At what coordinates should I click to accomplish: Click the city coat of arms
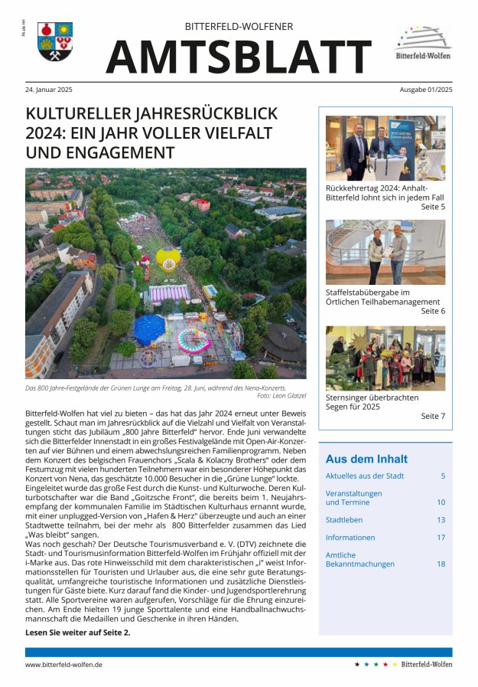[x=54, y=42]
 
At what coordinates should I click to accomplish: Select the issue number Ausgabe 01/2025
[x=425, y=90]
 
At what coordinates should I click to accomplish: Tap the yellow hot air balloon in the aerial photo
[x=167, y=257]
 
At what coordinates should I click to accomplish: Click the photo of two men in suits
[x=385, y=148]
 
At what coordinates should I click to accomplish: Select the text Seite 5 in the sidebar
[x=432, y=207]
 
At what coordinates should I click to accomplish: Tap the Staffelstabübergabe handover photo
[x=385, y=252]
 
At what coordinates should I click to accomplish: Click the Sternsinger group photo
[x=385, y=358]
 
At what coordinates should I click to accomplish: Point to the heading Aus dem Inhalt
[x=366, y=459]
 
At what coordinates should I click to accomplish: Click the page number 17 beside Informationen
[x=441, y=538]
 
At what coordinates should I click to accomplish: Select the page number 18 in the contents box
[x=441, y=564]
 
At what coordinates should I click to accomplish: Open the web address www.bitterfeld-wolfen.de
[x=63, y=665]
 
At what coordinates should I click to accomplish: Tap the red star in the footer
[x=385, y=665]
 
